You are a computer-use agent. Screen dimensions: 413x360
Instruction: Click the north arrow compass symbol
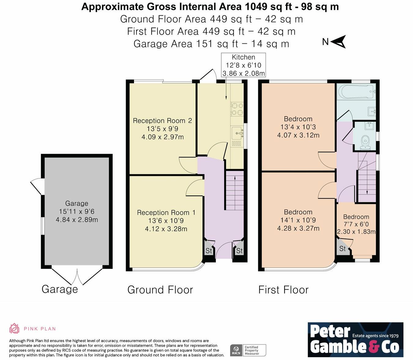[338, 42]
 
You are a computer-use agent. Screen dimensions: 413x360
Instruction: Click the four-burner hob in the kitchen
[237, 109]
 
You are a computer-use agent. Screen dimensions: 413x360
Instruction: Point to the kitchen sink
[237, 133]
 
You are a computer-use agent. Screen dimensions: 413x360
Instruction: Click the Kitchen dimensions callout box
[244, 65]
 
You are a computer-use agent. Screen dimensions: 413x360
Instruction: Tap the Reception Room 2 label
[162, 121]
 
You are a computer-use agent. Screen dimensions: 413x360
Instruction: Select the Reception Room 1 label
[166, 213]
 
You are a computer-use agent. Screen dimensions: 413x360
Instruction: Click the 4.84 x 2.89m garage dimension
[77, 220]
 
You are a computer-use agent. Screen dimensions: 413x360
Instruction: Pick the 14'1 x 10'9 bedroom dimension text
[298, 220]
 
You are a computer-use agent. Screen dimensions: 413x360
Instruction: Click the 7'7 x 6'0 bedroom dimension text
[356, 224]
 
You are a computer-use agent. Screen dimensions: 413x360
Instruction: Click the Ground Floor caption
[160, 290]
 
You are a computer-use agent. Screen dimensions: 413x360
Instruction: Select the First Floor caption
[283, 290]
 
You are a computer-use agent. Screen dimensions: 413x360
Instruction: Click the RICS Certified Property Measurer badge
[248, 350]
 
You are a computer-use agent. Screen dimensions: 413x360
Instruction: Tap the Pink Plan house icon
[14, 329]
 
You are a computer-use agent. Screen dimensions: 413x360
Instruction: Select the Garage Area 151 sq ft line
[211, 44]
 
